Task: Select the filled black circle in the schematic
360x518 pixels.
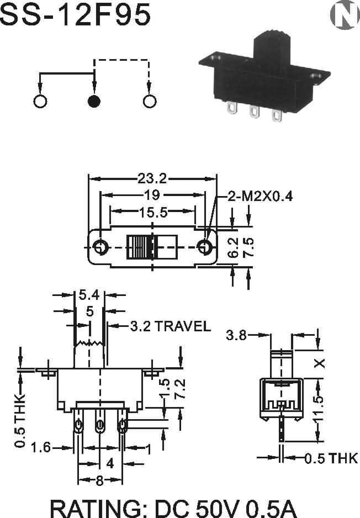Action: (x=94, y=102)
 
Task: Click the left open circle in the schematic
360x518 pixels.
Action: (x=40, y=102)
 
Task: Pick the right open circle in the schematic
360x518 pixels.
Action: (x=149, y=102)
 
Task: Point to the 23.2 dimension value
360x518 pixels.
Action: (x=152, y=178)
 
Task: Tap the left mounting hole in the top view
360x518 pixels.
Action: (x=102, y=247)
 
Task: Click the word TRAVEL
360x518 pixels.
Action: (x=183, y=326)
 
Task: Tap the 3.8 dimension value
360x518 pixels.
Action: (x=237, y=335)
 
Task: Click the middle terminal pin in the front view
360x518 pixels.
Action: (x=100, y=426)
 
